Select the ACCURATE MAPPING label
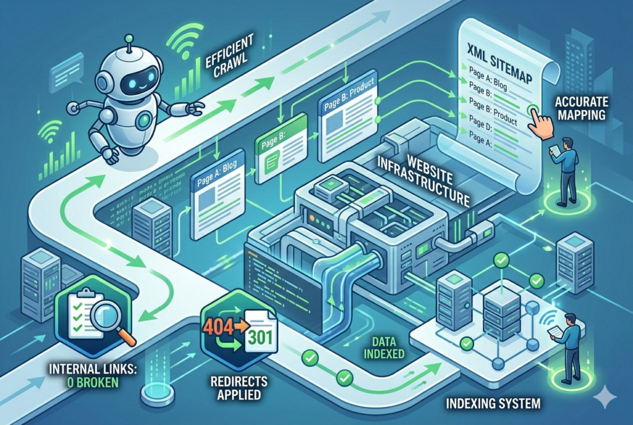coord(581,108)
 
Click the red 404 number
coord(221,325)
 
